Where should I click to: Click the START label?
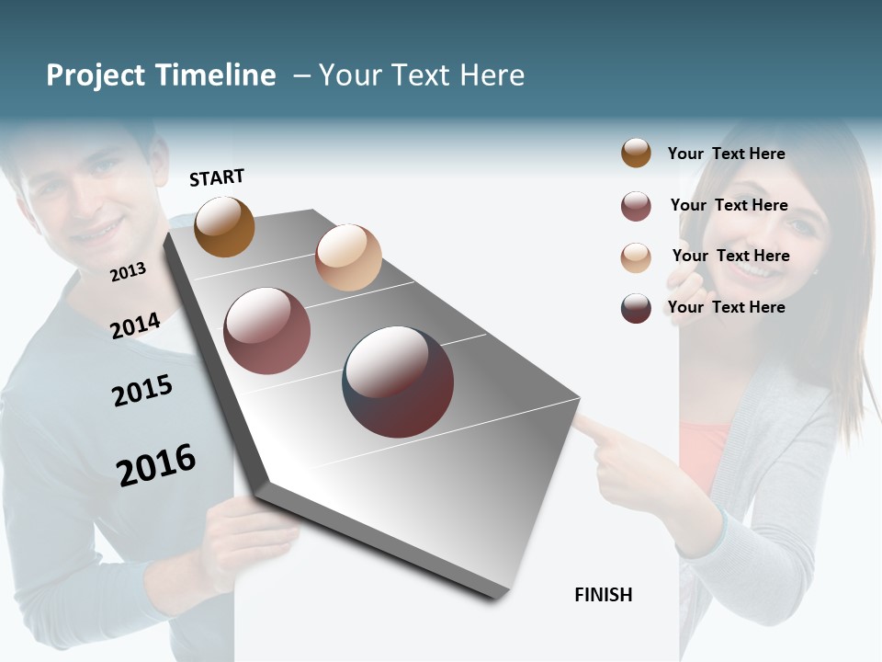click(x=217, y=177)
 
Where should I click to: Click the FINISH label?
click(x=603, y=595)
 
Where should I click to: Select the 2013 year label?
click(x=128, y=272)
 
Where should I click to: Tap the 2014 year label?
click(x=135, y=325)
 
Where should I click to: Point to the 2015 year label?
click(x=142, y=391)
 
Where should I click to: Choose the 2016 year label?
click(x=156, y=465)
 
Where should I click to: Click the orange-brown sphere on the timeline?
click(x=224, y=226)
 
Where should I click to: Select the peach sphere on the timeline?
click(x=348, y=257)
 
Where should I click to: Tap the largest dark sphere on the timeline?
click(x=398, y=382)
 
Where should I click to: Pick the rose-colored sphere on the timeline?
click(x=267, y=331)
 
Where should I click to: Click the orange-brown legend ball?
click(x=636, y=153)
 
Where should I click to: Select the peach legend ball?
click(x=636, y=257)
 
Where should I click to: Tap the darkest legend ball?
click(x=636, y=308)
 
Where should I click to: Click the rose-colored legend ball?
click(x=636, y=206)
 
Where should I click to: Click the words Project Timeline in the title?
click(x=161, y=75)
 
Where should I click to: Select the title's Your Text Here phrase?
click(x=422, y=75)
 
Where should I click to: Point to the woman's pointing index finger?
click(x=588, y=426)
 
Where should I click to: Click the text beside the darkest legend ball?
click(x=726, y=307)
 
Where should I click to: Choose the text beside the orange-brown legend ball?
click(x=726, y=154)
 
